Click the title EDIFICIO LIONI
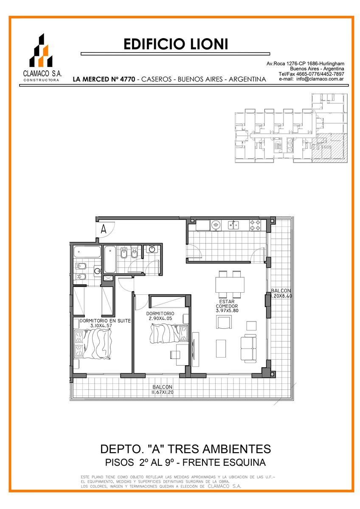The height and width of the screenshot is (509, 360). coord(176,44)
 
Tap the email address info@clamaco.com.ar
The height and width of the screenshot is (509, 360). coord(320,79)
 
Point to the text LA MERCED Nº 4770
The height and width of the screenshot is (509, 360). coord(104,79)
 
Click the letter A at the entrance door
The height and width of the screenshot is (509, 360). coord(104,229)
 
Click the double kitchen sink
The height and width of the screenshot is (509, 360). coord(233,225)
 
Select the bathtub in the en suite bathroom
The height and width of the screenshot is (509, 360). coord(87,252)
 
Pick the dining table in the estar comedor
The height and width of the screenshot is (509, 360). coord(230,285)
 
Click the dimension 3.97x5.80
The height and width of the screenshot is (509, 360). coord(227,310)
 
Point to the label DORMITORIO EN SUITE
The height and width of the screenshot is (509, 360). coord(105,321)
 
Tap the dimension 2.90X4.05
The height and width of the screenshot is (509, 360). coord(160,319)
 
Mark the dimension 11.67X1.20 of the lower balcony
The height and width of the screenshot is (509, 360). coord(162,392)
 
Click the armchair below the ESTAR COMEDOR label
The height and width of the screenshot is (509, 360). coord(224,322)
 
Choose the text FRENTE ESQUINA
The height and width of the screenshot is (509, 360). coord(224,462)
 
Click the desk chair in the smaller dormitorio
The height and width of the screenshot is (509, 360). coord(175,355)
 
